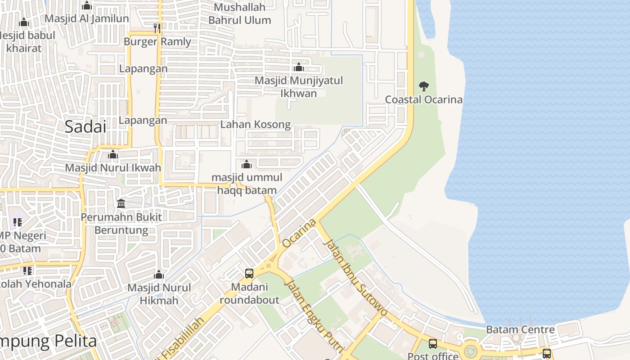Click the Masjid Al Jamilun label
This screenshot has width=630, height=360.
pyautogui.click(x=87, y=19)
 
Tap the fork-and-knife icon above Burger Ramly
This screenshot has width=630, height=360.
pyautogui.click(x=157, y=28)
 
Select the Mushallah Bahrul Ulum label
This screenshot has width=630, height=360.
pyautogui.click(x=239, y=13)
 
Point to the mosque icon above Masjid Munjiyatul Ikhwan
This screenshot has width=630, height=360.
pyautogui.click(x=298, y=67)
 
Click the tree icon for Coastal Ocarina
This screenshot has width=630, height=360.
pyautogui.click(x=423, y=86)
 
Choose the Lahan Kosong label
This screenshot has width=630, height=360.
pyautogui.click(x=256, y=124)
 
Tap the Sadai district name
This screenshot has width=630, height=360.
pyautogui.click(x=85, y=126)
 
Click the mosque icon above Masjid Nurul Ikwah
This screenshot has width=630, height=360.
pyautogui.click(x=113, y=155)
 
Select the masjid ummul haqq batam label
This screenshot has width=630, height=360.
pyautogui.click(x=247, y=184)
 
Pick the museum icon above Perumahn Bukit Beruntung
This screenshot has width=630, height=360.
pyautogui.click(x=121, y=204)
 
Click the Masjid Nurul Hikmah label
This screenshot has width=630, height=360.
pyautogui.click(x=159, y=294)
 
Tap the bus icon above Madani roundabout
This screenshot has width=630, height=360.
pyautogui.click(x=249, y=273)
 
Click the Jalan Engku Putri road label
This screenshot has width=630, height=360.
pyautogui.click(x=314, y=317)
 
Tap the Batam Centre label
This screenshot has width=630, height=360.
pyautogui.click(x=520, y=329)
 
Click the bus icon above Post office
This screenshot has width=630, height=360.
pyautogui.click(x=432, y=344)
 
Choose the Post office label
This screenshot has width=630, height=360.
pyautogui.click(x=433, y=356)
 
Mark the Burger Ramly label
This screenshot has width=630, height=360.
pyautogui.click(x=157, y=42)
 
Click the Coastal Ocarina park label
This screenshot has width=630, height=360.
pyautogui.click(x=423, y=99)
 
